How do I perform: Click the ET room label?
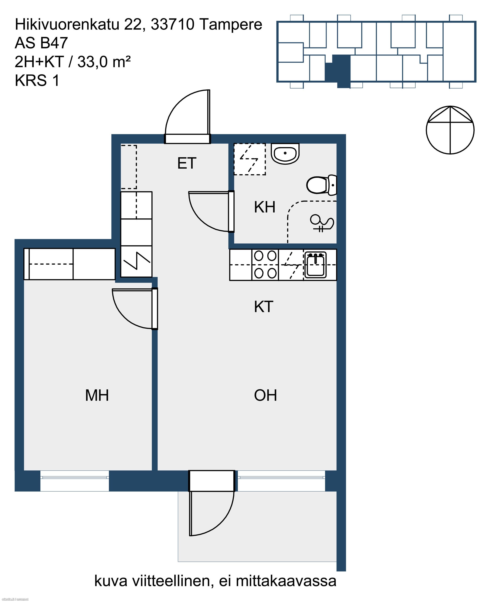coord(187,163)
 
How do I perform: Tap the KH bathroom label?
coord(264,207)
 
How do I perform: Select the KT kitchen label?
coord(264,307)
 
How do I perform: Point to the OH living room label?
coord(265,395)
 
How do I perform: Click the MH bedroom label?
coord(97,395)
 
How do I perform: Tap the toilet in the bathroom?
coord(322,185)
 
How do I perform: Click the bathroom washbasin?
coord(285,154)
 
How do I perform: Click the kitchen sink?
coord(315,265)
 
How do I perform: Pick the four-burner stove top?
coord(265,265)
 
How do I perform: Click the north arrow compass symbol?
coord(450,130)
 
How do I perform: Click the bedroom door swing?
coord(135,309)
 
